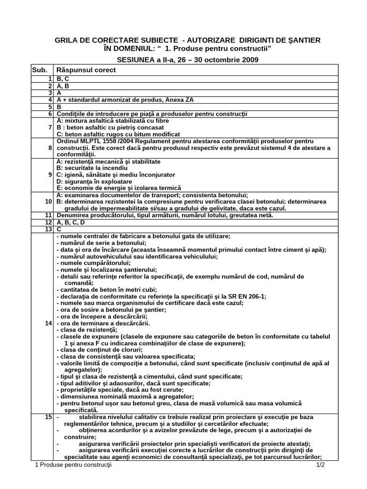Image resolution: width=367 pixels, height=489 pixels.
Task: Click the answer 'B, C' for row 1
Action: [63, 78]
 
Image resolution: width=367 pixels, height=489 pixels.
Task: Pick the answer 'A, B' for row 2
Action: [63, 85]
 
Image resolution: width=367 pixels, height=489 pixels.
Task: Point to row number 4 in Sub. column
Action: [49, 100]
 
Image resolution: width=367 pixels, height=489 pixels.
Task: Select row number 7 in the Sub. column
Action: [49, 128]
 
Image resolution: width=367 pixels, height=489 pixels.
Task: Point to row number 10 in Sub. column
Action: [48, 202]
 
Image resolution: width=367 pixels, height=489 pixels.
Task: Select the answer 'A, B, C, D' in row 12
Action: [71, 223]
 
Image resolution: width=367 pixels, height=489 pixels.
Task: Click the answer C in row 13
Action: [59, 229]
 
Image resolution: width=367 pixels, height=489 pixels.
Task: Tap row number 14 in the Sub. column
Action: [48, 323]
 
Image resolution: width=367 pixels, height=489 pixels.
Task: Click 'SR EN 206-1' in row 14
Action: [247, 296]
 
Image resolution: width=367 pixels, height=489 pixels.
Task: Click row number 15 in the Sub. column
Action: [48, 417]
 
